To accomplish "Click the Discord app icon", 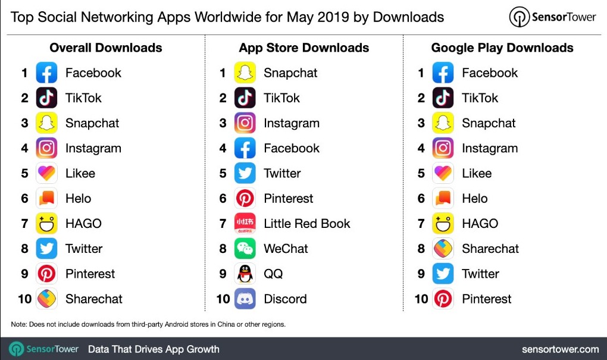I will tap(245, 299).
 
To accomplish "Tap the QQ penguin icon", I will tap(245, 274).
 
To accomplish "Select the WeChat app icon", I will tap(245, 249).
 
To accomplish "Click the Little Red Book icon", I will tap(245, 224).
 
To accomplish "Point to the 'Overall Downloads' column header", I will tap(106, 48).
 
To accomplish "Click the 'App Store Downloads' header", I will tap(304, 48).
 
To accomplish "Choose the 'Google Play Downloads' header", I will tap(502, 48).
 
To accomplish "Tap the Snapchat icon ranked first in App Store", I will tap(245, 73).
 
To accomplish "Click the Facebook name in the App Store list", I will tap(292, 148).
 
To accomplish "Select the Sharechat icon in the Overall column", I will tap(46, 299).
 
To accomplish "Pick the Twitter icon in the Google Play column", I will tap(443, 274).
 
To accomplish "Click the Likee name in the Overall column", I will tap(80, 174).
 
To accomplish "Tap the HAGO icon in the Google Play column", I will tap(443, 224).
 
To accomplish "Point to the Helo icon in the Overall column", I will tap(46, 199).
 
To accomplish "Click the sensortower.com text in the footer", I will tap(560, 349).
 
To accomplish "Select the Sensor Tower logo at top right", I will tap(553, 17).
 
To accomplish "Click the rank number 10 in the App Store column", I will tap(223, 299).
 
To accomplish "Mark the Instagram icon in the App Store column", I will tap(245, 123).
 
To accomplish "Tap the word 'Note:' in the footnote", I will tap(19, 324).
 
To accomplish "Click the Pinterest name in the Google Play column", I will tap(487, 299).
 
